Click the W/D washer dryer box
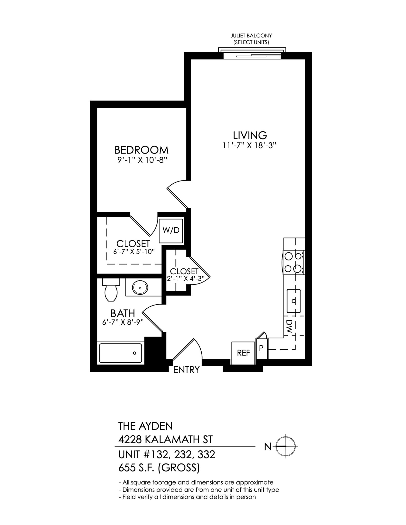click(171, 230)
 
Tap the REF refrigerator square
click(243, 353)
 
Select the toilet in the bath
click(111, 291)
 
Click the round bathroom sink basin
click(140, 288)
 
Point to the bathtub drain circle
click(135, 353)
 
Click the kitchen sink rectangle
click(294, 301)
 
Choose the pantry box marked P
click(262, 348)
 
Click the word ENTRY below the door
click(186, 370)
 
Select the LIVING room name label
click(250, 135)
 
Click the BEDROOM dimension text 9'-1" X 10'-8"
click(141, 160)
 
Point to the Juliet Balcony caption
click(251, 39)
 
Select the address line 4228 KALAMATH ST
click(165, 440)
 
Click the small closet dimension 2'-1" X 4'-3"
click(185, 279)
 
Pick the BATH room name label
click(123, 313)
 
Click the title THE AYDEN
click(145, 426)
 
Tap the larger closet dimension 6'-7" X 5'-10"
click(134, 251)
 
